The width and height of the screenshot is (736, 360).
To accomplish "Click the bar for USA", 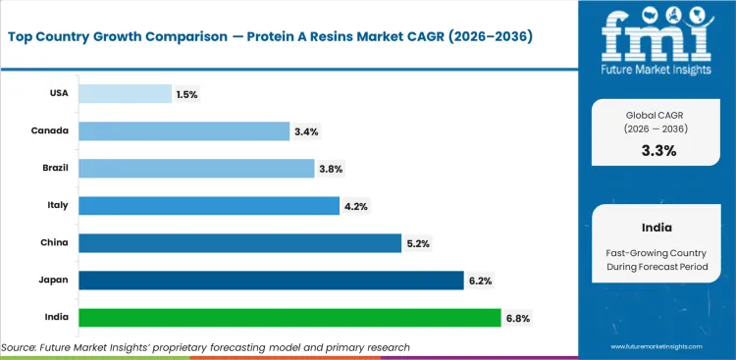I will pos(125,93).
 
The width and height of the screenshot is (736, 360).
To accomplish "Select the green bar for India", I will pos(289,318).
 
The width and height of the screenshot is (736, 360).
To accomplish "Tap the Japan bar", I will pos(270,281).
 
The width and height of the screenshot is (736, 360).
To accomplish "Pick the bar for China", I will pos(239,243).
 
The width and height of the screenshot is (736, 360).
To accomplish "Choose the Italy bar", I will pos(209,206).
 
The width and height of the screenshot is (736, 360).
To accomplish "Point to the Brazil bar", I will pos(196,169).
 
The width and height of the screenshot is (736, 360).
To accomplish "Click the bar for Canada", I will pos(184,130).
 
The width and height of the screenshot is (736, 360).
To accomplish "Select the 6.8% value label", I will pos(519,318).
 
